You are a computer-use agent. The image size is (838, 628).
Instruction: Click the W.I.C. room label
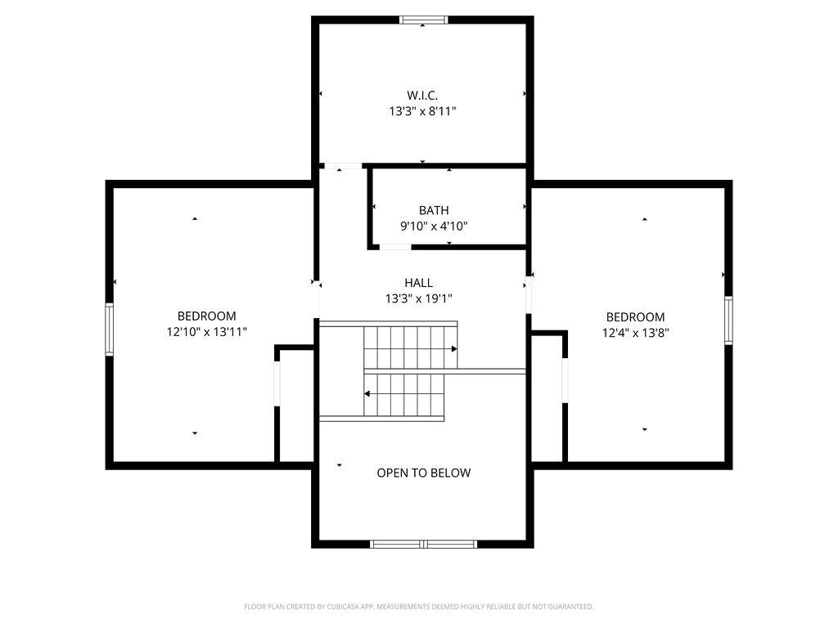(x=422, y=96)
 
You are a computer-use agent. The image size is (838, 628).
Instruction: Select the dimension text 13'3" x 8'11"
(x=422, y=111)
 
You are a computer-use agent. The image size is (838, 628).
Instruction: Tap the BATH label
(x=434, y=210)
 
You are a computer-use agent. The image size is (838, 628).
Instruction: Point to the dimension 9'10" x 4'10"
(x=434, y=226)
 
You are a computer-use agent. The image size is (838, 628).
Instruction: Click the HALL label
(x=418, y=283)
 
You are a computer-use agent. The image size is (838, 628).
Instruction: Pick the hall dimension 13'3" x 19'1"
(x=418, y=298)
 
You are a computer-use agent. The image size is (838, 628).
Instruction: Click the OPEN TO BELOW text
(x=424, y=473)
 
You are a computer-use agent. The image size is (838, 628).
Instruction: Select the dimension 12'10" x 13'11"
(x=207, y=332)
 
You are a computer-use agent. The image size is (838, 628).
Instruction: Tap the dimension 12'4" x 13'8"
(x=635, y=333)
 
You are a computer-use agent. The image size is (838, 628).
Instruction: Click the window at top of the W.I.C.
(x=423, y=20)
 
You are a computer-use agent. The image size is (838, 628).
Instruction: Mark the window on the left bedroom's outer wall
(x=109, y=329)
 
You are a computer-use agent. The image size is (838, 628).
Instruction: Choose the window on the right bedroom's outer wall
(x=728, y=320)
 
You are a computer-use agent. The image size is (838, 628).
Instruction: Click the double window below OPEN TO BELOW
(x=423, y=544)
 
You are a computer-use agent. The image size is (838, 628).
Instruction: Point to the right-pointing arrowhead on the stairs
(x=454, y=349)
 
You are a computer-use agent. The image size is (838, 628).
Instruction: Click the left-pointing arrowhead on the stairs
(x=367, y=394)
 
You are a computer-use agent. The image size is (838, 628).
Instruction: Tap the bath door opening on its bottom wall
(x=395, y=247)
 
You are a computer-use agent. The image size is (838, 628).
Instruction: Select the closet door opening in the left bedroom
(x=277, y=384)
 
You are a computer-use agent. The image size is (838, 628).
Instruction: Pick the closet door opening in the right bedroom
(x=565, y=379)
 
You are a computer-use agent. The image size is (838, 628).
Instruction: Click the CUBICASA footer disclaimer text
(x=419, y=607)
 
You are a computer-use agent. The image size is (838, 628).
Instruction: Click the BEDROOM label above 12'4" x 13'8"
(x=635, y=317)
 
